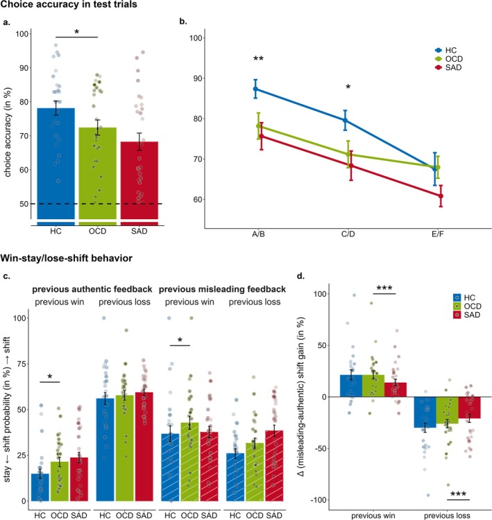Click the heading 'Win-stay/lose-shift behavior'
pyautogui.click(x=73, y=258)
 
